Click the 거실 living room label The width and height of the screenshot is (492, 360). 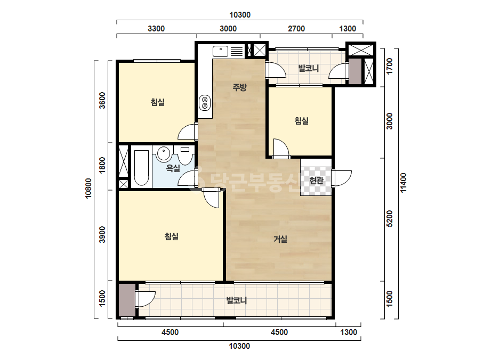[280, 239]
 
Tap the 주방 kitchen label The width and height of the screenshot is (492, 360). [239, 87]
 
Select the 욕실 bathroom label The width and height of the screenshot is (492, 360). [173, 168]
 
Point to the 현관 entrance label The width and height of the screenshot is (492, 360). [316, 181]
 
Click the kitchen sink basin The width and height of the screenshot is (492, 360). [220, 51]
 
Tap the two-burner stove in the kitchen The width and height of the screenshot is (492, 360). [205, 103]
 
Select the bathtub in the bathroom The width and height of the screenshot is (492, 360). [141, 168]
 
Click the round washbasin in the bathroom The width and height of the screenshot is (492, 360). [163, 154]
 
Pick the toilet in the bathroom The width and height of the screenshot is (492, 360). [184, 154]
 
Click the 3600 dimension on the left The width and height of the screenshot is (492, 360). [102, 100]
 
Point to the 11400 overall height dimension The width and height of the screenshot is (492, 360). [404, 183]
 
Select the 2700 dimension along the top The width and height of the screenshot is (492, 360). [296, 29]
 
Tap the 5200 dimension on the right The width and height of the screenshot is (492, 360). [390, 218]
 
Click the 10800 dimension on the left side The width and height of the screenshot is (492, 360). [88, 188]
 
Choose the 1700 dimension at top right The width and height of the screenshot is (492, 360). [390, 66]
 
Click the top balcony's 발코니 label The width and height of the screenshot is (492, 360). [309, 68]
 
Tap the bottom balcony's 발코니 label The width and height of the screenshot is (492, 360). [237, 300]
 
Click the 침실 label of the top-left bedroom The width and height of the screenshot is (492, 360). [158, 102]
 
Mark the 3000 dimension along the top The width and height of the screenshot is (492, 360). [228, 29]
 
